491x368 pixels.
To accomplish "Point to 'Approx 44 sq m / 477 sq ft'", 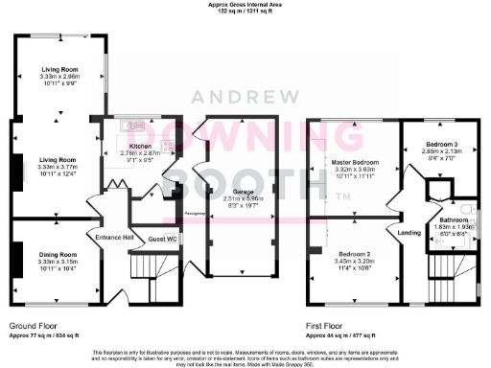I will point(342,336).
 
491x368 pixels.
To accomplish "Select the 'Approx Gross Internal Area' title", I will point(245,5).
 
